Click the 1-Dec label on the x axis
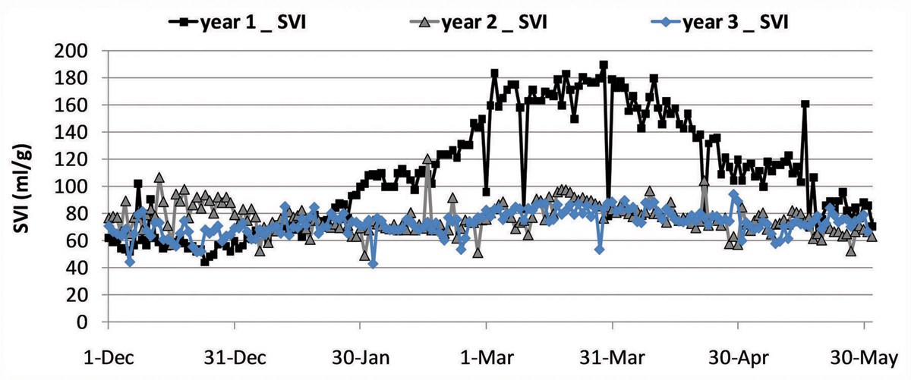[108, 356]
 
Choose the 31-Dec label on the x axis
[234, 356]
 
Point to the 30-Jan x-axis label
[360, 356]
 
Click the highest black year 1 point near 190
[604, 65]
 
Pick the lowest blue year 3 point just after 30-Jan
[373, 263]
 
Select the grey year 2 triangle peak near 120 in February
[427, 159]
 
